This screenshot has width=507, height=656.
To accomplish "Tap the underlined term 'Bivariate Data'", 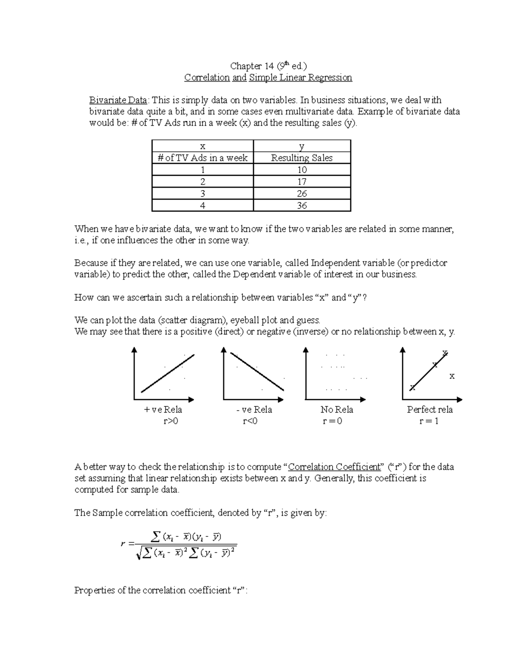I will (x=118, y=100).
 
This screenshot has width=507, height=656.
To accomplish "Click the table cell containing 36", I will (x=302, y=206).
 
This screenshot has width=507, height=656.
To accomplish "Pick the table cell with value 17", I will (x=302, y=182).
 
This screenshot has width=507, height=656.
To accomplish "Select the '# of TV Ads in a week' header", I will (x=202, y=158).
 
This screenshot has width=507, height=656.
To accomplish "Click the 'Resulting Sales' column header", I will (x=302, y=158).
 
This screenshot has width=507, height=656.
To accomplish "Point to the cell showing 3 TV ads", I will (x=203, y=194).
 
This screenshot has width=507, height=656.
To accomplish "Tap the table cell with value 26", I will (x=302, y=194).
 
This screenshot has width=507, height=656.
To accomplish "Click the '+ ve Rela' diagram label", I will (x=163, y=410).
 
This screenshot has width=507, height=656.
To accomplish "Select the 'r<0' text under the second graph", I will (x=250, y=421).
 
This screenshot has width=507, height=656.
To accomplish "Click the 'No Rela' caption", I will (x=337, y=410).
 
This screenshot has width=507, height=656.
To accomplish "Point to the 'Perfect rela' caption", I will (x=430, y=410).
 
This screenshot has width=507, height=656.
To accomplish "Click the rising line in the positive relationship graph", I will (x=167, y=373).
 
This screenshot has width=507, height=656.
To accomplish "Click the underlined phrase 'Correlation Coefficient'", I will (x=334, y=467).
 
